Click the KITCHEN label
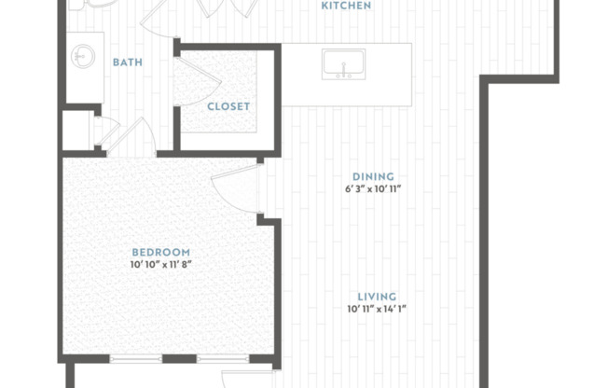point(346,6)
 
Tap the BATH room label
point(127,62)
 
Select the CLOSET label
point(228,105)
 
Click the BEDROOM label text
point(160,252)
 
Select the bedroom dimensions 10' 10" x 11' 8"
point(160,265)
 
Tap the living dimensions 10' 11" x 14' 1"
point(378,309)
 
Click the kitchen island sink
point(343,65)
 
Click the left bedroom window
point(136,359)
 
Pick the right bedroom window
point(222,359)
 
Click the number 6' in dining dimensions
point(348,189)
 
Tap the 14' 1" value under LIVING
point(396,309)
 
